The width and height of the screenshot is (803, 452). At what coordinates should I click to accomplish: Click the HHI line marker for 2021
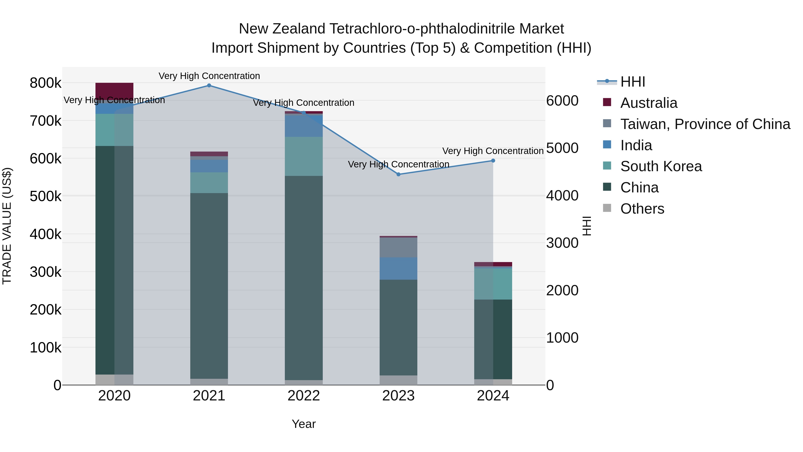209,85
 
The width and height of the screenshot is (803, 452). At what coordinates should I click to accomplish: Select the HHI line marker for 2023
398,174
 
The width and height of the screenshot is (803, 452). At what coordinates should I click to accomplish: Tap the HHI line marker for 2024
493,161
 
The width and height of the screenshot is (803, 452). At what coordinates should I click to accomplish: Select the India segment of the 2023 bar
398,268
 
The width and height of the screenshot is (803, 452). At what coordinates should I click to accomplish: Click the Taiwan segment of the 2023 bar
398,247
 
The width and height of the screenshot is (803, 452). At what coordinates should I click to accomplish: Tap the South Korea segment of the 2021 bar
209,183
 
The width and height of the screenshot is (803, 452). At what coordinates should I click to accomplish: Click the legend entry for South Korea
661,166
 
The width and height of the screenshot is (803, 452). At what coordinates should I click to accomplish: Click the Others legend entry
642,209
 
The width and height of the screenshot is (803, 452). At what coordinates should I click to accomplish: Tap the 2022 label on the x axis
304,396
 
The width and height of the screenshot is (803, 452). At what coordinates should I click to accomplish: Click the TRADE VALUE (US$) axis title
7,226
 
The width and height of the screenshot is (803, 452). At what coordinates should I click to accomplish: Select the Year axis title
304,424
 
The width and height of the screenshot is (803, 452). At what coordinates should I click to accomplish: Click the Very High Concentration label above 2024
493,151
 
